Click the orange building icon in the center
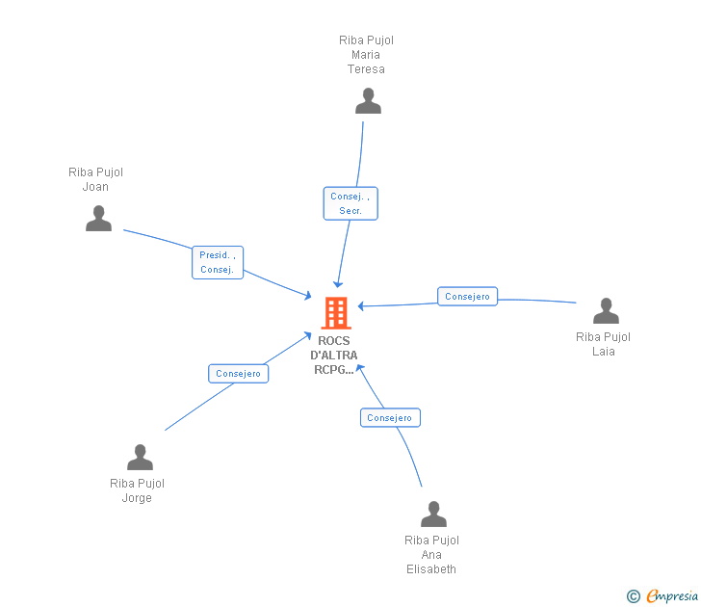[335, 312]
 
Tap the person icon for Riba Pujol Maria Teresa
[368, 101]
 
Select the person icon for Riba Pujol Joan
[98, 219]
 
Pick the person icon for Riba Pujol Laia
[606, 311]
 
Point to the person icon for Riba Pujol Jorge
[140, 458]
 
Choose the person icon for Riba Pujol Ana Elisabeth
[433, 515]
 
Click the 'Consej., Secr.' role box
[350, 203]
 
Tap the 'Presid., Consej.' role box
[218, 262]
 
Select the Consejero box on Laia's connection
[468, 297]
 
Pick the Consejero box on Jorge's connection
[239, 374]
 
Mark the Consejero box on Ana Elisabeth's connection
[390, 418]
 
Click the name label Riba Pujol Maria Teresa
[366, 55]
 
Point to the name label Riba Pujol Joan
[95, 179]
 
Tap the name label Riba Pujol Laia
[603, 344]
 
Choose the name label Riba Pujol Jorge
[137, 490]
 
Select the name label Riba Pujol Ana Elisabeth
[431, 554]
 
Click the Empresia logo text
[672, 595]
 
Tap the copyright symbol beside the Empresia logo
[634, 596]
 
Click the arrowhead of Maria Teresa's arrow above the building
[337, 284]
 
